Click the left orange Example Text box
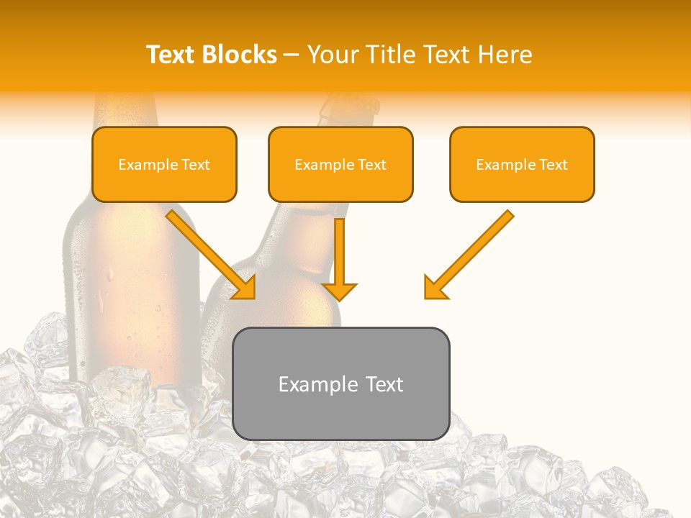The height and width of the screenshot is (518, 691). [x=164, y=164]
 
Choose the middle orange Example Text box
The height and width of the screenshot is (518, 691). [x=340, y=164]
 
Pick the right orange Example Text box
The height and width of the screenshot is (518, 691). [x=522, y=164]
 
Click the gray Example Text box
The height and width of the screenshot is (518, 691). [x=340, y=383]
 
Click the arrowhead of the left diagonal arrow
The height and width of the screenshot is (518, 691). [x=245, y=287]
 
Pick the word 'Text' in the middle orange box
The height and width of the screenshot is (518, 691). [x=371, y=165]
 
